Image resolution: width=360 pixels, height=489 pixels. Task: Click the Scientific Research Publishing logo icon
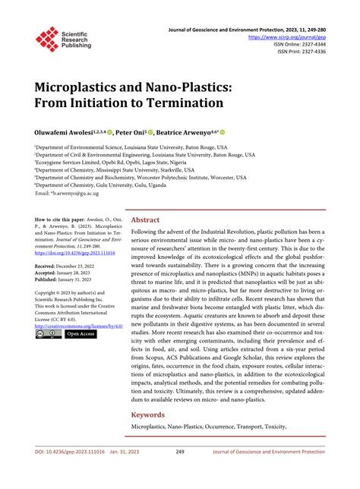click(x=47, y=39)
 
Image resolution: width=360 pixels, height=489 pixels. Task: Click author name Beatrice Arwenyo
click(x=186, y=131)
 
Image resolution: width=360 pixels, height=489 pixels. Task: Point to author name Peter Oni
click(x=134, y=131)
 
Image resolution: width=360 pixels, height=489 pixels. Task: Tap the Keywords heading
click(x=149, y=415)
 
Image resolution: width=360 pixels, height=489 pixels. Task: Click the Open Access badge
click(x=80, y=333)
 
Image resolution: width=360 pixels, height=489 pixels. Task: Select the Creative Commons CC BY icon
click(x=47, y=333)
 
